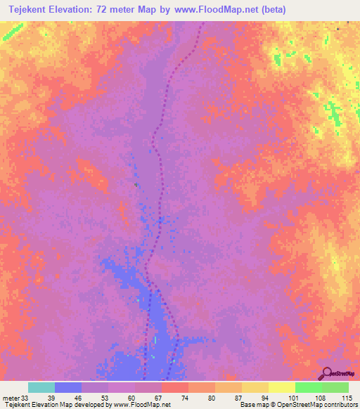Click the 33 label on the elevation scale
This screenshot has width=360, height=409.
(x=26, y=398)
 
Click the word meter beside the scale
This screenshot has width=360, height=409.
(x=11, y=398)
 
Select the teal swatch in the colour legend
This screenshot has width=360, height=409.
(x=41, y=387)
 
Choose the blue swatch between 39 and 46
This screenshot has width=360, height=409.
(x=68, y=387)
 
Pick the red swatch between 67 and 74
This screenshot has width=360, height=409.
(x=175, y=387)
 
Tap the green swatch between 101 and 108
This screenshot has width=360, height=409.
(x=308, y=387)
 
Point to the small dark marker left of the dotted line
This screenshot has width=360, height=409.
(x=136, y=185)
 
